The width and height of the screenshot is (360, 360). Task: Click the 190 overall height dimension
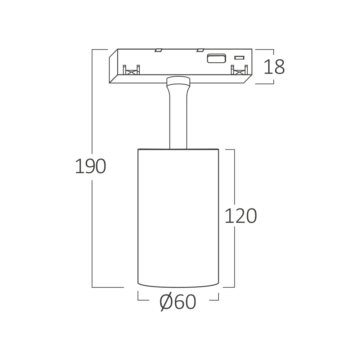(x=90, y=166)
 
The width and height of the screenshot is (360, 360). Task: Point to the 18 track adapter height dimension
(x=274, y=67)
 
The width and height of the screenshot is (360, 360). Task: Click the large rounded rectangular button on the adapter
(x=216, y=58)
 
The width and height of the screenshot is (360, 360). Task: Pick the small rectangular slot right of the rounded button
(x=239, y=58)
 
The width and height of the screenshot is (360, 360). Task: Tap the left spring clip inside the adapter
(x=131, y=70)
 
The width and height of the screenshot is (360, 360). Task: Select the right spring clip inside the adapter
(x=239, y=70)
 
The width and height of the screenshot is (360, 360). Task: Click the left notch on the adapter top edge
(x=158, y=50)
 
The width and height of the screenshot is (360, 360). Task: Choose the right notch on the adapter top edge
(x=200, y=50)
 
